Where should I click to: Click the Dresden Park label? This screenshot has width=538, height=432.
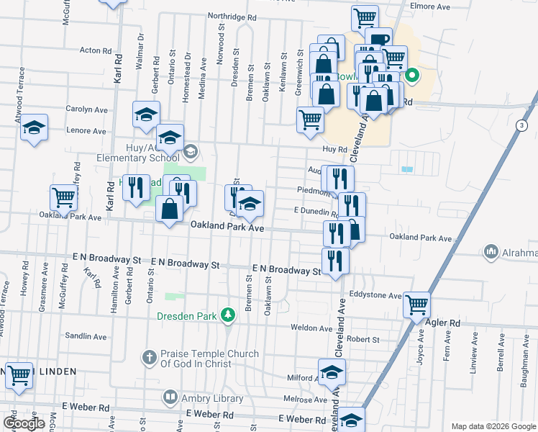[189, 315]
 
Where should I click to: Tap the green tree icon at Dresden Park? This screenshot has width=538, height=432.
[228, 315]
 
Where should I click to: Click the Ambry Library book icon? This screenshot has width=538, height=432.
[170, 395]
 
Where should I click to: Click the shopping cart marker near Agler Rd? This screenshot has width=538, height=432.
[417, 305]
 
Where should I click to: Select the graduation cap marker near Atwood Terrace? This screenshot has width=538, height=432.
[34, 127]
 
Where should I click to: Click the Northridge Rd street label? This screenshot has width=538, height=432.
[232, 16]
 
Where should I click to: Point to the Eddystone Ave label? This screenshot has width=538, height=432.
[375, 295]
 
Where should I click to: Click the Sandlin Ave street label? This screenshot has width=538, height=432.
[86, 336]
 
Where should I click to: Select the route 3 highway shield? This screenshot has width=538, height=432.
[520, 125]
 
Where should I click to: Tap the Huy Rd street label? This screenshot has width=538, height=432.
[329, 149]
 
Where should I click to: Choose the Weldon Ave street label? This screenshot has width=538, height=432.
[311, 328]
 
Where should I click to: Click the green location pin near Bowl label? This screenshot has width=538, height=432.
[412, 73]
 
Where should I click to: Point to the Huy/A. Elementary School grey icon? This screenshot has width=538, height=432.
[191, 151]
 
